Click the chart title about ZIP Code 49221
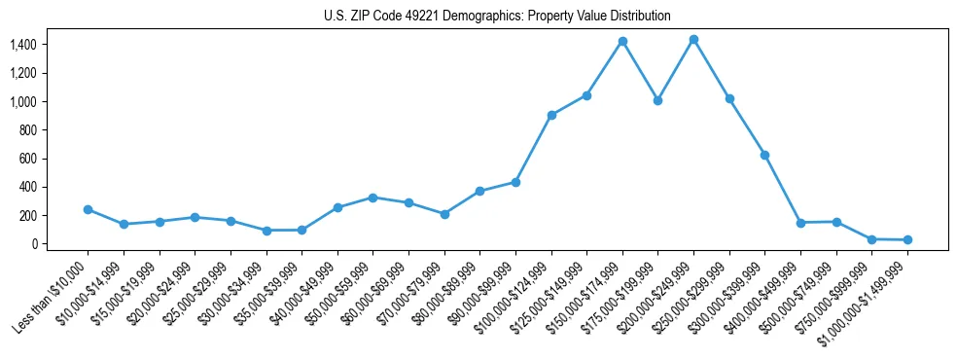[x=497, y=16]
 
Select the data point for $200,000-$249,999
[x=693, y=40]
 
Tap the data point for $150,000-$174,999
[x=622, y=42]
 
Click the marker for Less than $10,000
[x=88, y=209]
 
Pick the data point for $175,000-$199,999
[x=658, y=100]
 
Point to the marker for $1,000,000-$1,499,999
[x=907, y=239]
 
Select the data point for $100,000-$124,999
[x=551, y=115]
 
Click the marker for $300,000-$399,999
[x=765, y=155]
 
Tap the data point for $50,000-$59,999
[x=372, y=198]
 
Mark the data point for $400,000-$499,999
[x=800, y=223]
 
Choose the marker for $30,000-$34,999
[x=266, y=231]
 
